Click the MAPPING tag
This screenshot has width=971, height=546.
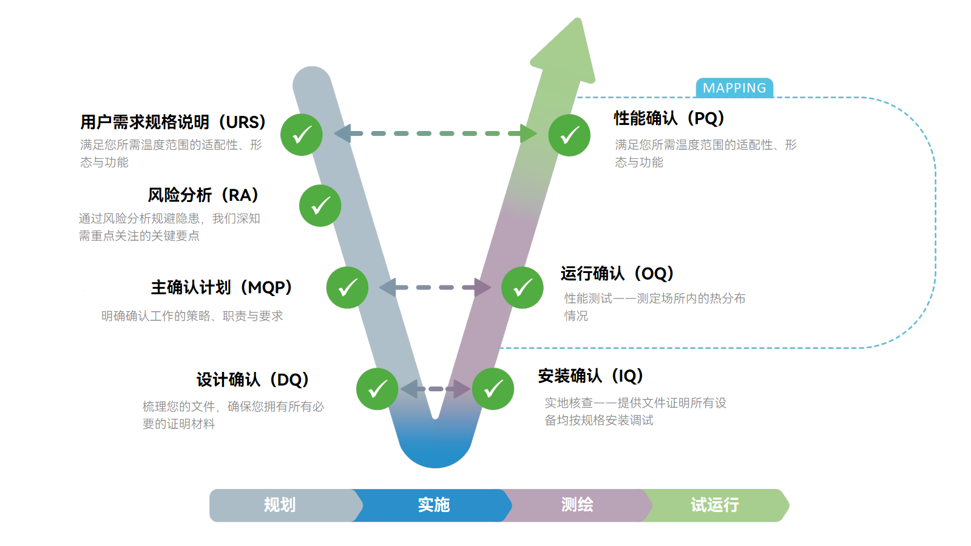coord(734,88)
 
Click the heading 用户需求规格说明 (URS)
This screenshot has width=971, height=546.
coord(173,122)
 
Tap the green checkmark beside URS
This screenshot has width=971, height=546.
coord(302,135)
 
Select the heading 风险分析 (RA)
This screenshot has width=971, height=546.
coord(203,195)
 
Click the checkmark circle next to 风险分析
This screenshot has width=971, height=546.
coord(320,206)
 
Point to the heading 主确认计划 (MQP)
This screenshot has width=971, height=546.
coord(222,287)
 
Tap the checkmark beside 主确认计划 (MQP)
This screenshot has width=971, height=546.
coord(348,288)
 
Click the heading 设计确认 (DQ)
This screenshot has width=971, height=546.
coord(252,380)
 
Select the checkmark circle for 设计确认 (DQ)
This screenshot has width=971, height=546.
coord(377,389)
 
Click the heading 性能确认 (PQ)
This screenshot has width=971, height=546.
coord(669,118)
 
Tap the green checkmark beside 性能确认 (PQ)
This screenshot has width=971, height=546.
coord(569,135)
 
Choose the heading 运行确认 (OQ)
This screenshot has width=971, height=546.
coord(617,274)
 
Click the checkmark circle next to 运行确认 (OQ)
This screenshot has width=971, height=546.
coord(523,288)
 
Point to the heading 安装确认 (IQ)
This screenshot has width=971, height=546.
coord(590,376)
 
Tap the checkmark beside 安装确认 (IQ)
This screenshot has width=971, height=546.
coord(493,389)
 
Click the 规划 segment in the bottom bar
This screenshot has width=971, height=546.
coord(280,505)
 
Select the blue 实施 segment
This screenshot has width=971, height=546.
coord(433,505)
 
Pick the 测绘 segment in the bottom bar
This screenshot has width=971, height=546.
coord(577,505)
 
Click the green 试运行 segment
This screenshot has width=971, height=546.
coord(715,505)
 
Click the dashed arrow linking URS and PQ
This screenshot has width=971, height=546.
coord(435,133)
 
